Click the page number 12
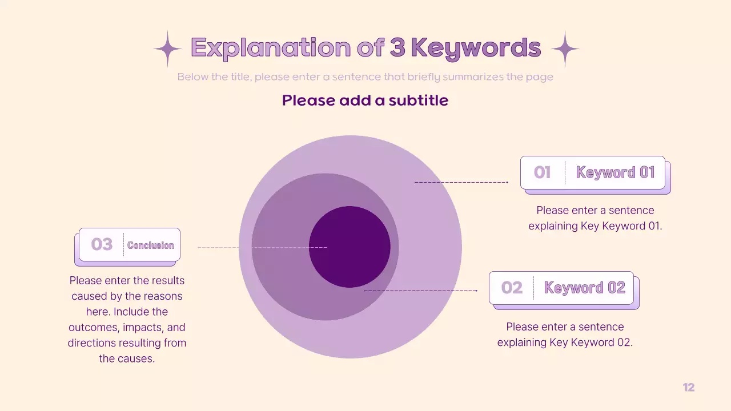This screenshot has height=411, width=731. click(x=689, y=388)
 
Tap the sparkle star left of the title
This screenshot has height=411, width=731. click(x=167, y=49)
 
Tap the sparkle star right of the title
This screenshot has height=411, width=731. click(x=565, y=49)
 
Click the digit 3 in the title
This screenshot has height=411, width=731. click(x=397, y=48)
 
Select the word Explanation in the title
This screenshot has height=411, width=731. click(x=271, y=48)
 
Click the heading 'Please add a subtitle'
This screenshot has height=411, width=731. click(x=365, y=100)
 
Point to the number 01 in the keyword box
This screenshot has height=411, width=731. click(x=542, y=172)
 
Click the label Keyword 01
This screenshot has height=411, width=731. click(x=615, y=172)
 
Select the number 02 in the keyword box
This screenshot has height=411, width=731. click(x=512, y=288)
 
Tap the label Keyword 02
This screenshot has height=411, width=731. click(x=584, y=288)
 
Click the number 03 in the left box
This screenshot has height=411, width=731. click(x=102, y=244)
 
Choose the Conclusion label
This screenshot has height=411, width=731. click(x=151, y=245)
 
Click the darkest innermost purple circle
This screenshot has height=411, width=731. click(x=350, y=247)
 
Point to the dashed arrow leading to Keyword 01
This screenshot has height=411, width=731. click(x=461, y=182)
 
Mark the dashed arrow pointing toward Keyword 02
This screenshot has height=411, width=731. click(x=420, y=291)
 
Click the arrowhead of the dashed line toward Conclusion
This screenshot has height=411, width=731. click(x=199, y=247)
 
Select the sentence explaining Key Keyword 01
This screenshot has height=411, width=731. click(x=595, y=218)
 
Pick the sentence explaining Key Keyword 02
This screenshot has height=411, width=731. click(x=565, y=335)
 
